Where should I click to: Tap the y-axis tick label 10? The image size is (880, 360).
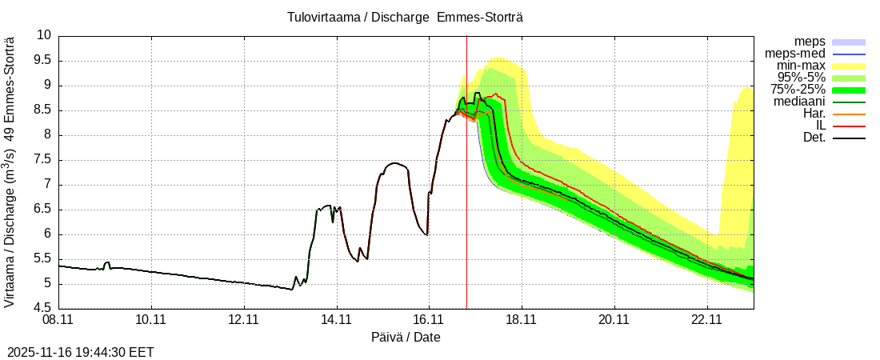click(x=43, y=35)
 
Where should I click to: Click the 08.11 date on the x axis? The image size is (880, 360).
click(x=59, y=320)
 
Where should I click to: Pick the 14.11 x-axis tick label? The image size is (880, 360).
click(x=337, y=320)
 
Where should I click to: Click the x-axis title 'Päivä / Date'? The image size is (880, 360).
click(x=406, y=338)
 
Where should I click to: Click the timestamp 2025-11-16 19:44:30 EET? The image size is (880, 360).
click(x=80, y=352)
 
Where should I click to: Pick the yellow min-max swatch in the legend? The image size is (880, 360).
click(x=849, y=66)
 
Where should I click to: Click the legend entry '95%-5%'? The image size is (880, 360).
click(x=801, y=78)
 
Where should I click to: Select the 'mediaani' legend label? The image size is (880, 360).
click(x=799, y=102)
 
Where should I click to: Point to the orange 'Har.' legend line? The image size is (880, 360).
click(x=849, y=114)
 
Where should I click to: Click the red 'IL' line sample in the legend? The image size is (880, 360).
click(x=849, y=126)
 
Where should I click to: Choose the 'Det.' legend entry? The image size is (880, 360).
click(x=814, y=138)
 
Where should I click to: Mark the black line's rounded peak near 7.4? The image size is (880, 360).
click(x=394, y=163)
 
